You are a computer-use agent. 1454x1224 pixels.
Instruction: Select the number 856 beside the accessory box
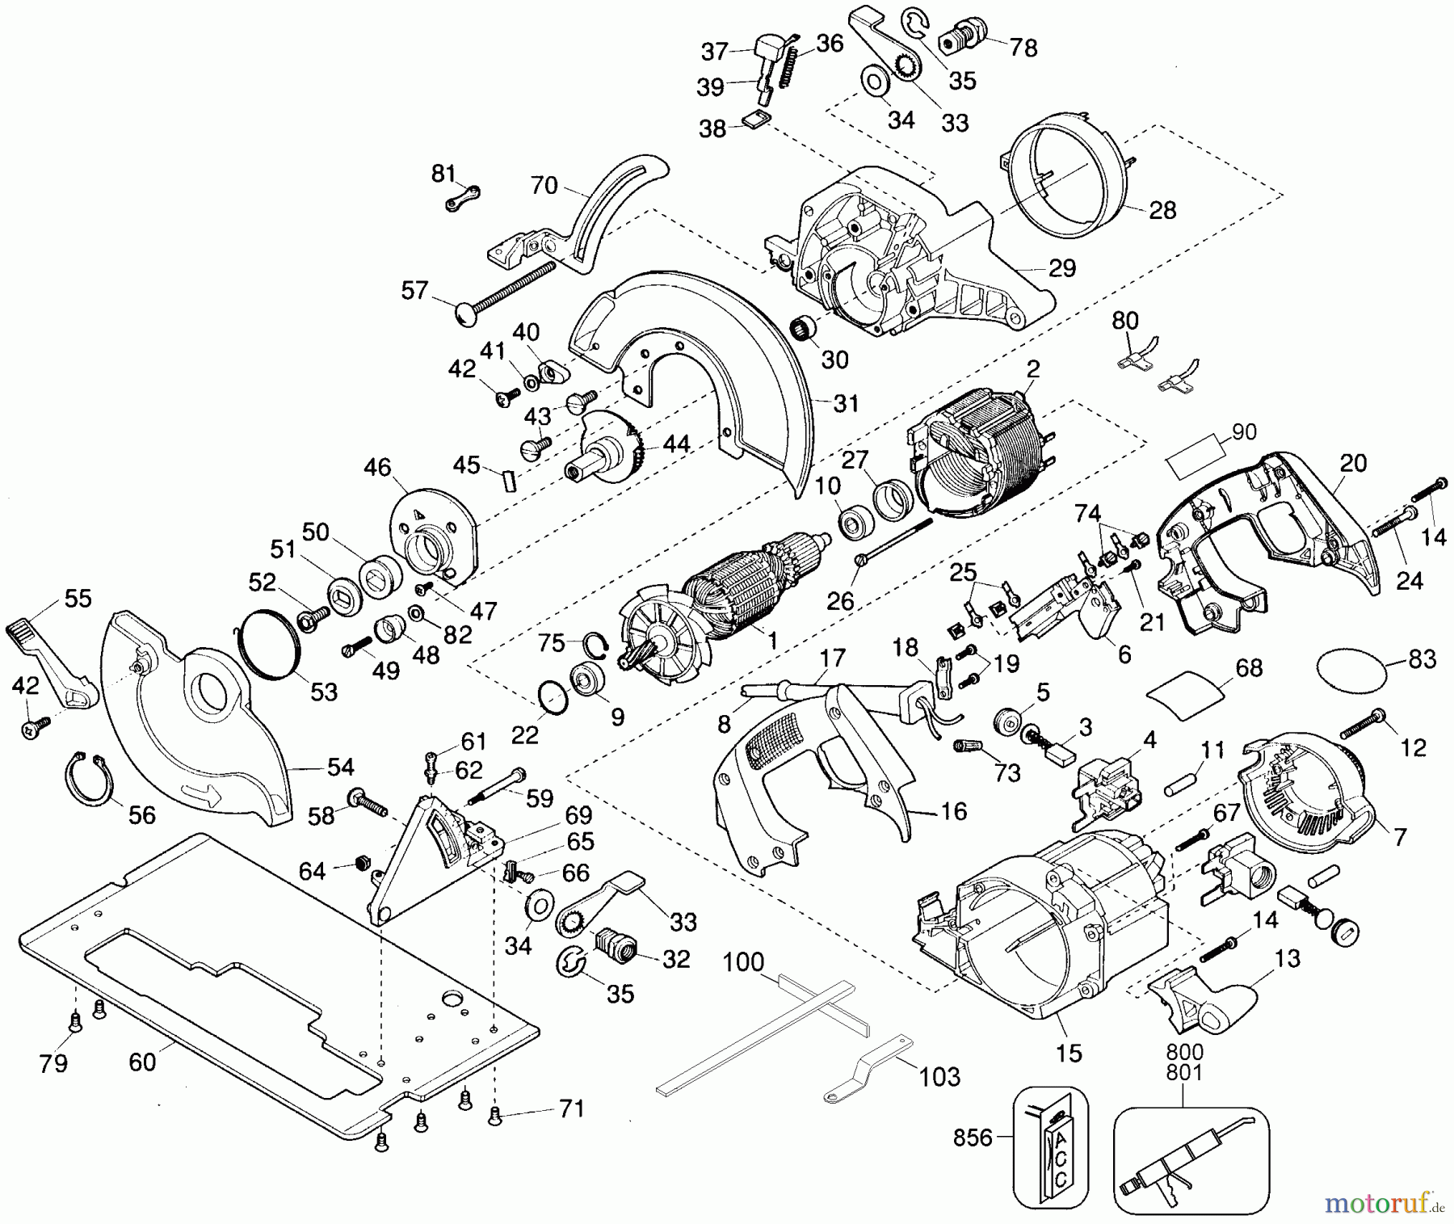973,1138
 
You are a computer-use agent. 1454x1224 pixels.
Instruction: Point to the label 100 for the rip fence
743,962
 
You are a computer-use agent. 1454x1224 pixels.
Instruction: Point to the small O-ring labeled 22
551,697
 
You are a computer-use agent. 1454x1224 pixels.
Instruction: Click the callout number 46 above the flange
377,468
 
